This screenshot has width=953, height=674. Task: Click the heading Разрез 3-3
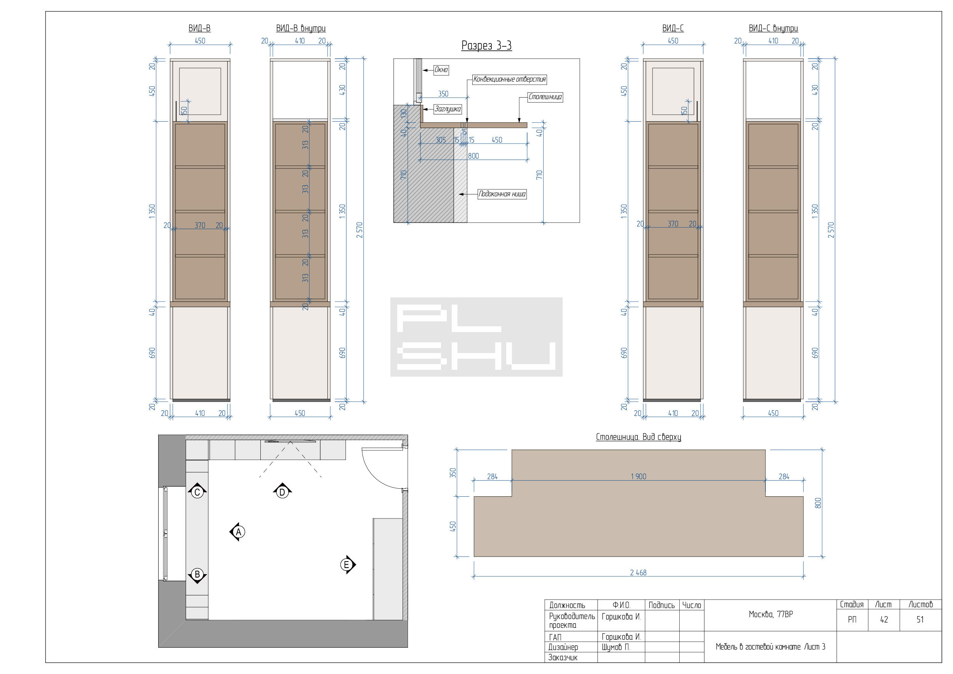(x=486, y=46)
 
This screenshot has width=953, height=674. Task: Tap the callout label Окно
(x=441, y=70)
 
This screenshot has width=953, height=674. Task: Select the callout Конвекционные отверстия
(x=509, y=79)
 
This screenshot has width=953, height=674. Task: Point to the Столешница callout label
(x=545, y=97)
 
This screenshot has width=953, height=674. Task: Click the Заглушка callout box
(x=448, y=109)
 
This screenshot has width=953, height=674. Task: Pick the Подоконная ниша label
(x=502, y=194)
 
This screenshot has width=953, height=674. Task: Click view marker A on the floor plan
(x=237, y=532)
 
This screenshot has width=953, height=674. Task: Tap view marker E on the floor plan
(x=347, y=565)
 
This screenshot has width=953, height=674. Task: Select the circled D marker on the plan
(x=282, y=492)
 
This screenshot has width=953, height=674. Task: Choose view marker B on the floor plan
(x=197, y=575)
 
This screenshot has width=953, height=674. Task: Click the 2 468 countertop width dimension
(x=638, y=573)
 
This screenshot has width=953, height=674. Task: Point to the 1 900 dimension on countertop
(x=639, y=477)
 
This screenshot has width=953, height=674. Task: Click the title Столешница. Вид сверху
(x=639, y=437)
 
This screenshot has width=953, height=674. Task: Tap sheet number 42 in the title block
(x=884, y=619)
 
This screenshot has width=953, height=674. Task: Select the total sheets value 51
(x=920, y=619)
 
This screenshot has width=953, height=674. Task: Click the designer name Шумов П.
(x=616, y=647)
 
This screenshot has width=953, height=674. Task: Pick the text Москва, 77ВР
(x=770, y=614)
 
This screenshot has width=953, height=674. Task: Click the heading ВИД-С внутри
(x=773, y=28)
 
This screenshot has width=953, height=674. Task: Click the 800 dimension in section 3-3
(x=473, y=156)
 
